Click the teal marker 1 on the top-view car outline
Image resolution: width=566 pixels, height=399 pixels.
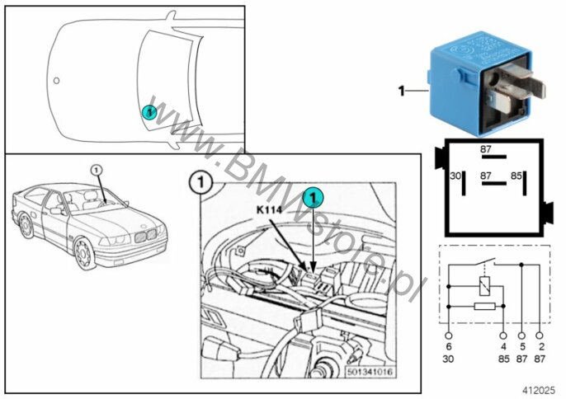149,112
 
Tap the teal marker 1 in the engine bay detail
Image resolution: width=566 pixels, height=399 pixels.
314,198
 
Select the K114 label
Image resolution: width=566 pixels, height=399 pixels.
269,210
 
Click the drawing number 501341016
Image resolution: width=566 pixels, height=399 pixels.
369,372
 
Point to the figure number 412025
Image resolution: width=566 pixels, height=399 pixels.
539,390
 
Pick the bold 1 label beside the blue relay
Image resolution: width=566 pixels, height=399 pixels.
401,91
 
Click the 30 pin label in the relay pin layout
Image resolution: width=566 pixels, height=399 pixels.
455,176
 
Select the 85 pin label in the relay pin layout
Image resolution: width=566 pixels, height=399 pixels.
516,176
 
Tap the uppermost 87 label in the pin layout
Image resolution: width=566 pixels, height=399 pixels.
485,149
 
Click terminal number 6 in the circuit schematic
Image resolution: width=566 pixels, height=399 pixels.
449,347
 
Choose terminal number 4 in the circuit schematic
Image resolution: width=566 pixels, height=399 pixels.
503,347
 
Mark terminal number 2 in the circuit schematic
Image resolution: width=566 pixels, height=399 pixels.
541,347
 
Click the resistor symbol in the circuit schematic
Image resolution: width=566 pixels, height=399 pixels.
484,307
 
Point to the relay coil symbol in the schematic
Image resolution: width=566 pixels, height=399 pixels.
484,286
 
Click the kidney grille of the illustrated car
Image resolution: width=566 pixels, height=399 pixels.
145,236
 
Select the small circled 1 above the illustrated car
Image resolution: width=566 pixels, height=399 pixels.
96,170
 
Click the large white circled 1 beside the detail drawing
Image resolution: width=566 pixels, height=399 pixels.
200,183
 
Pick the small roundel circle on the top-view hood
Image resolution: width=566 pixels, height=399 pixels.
56,81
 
